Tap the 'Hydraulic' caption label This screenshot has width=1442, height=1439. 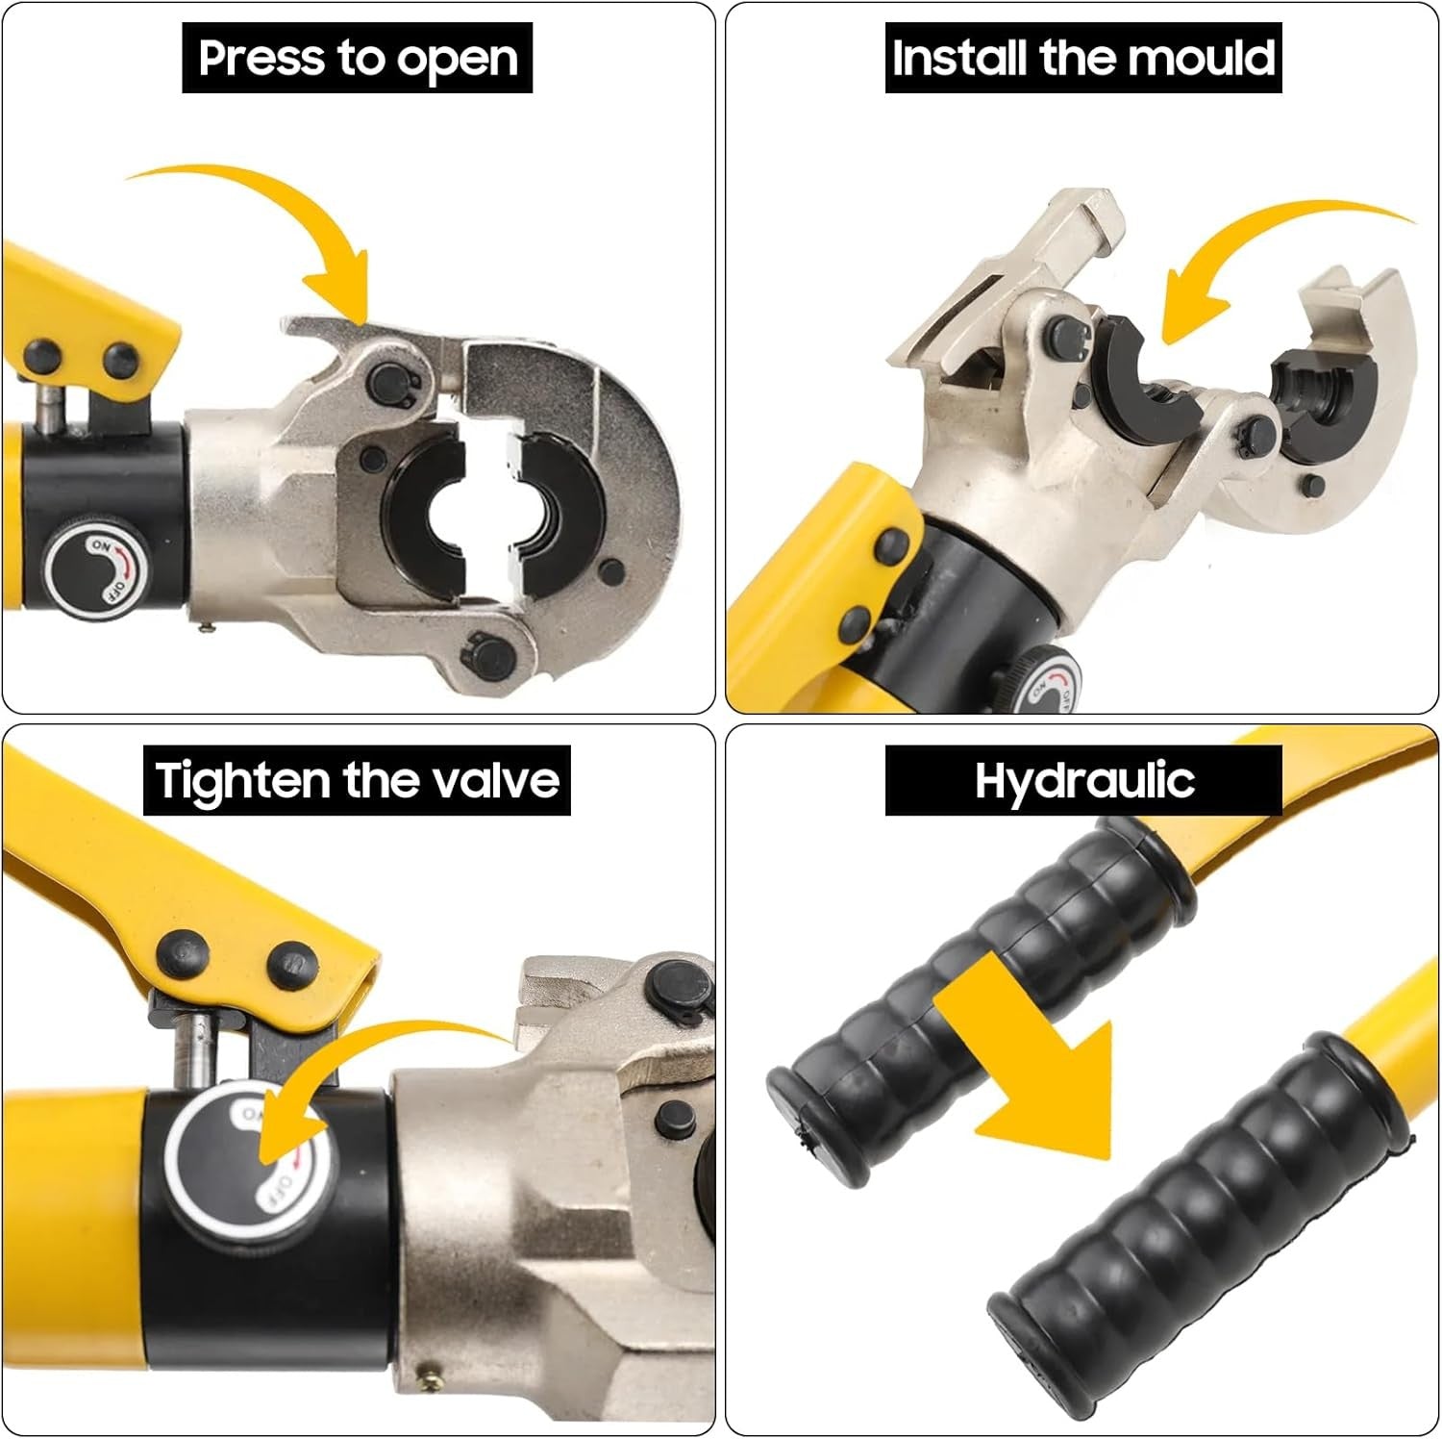(x=1083, y=780)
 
